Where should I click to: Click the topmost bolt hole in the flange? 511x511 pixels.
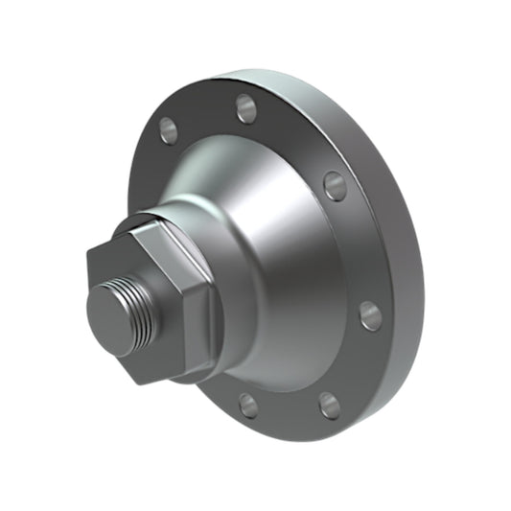coord(246,108)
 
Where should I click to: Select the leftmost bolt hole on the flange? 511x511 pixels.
coord(169,128)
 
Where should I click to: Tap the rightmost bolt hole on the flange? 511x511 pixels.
coord(371,315)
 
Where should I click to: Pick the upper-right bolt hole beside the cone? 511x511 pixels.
coord(335,185)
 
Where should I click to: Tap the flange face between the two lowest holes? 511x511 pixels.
coord(288,412)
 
